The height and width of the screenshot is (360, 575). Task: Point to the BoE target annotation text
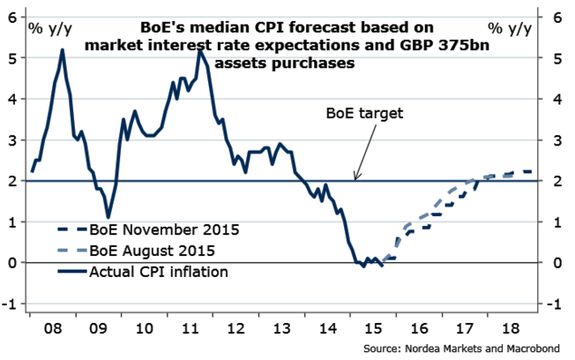(363, 113)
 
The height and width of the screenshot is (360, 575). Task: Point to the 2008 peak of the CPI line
(63, 50)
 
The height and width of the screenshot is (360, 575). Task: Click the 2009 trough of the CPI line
(108, 216)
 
